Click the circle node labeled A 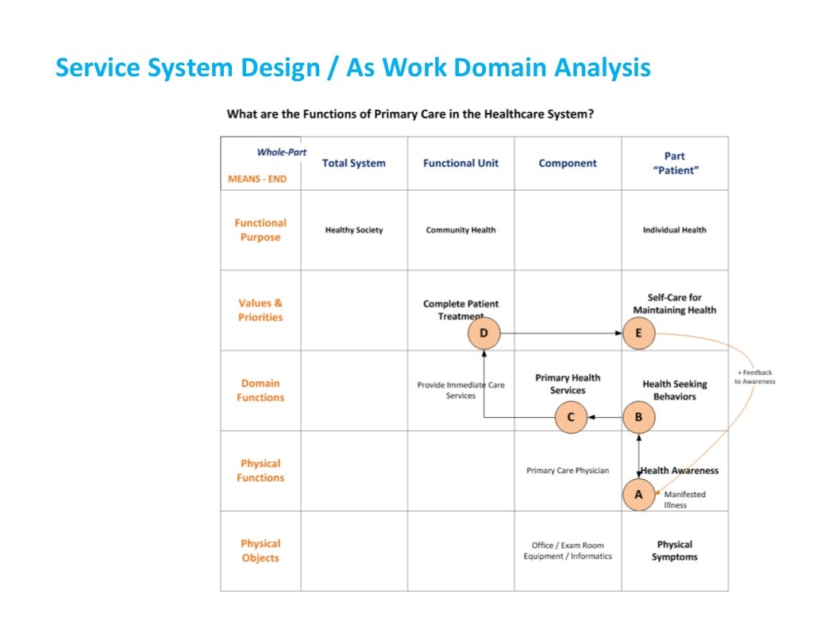click(x=638, y=494)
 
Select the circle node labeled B click(x=638, y=417)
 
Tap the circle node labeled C click(x=571, y=417)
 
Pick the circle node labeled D click(x=484, y=334)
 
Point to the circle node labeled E click(x=638, y=334)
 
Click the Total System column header click(x=354, y=164)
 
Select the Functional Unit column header click(x=460, y=164)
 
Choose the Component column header click(x=568, y=164)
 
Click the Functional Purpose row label click(x=260, y=230)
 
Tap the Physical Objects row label click(x=260, y=550)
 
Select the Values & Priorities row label click(x=260, y=310)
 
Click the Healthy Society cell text click(x=354, y=230)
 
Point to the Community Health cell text click(x=460, y=230)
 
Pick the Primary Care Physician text click(x=568, y=471)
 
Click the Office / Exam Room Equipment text click(x=568, y=550)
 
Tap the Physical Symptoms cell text click(x=675, y=550)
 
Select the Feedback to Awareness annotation click(x=754, y=377)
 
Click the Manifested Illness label click(x=684, y=500)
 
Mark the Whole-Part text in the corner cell click(x=281, y=152)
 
